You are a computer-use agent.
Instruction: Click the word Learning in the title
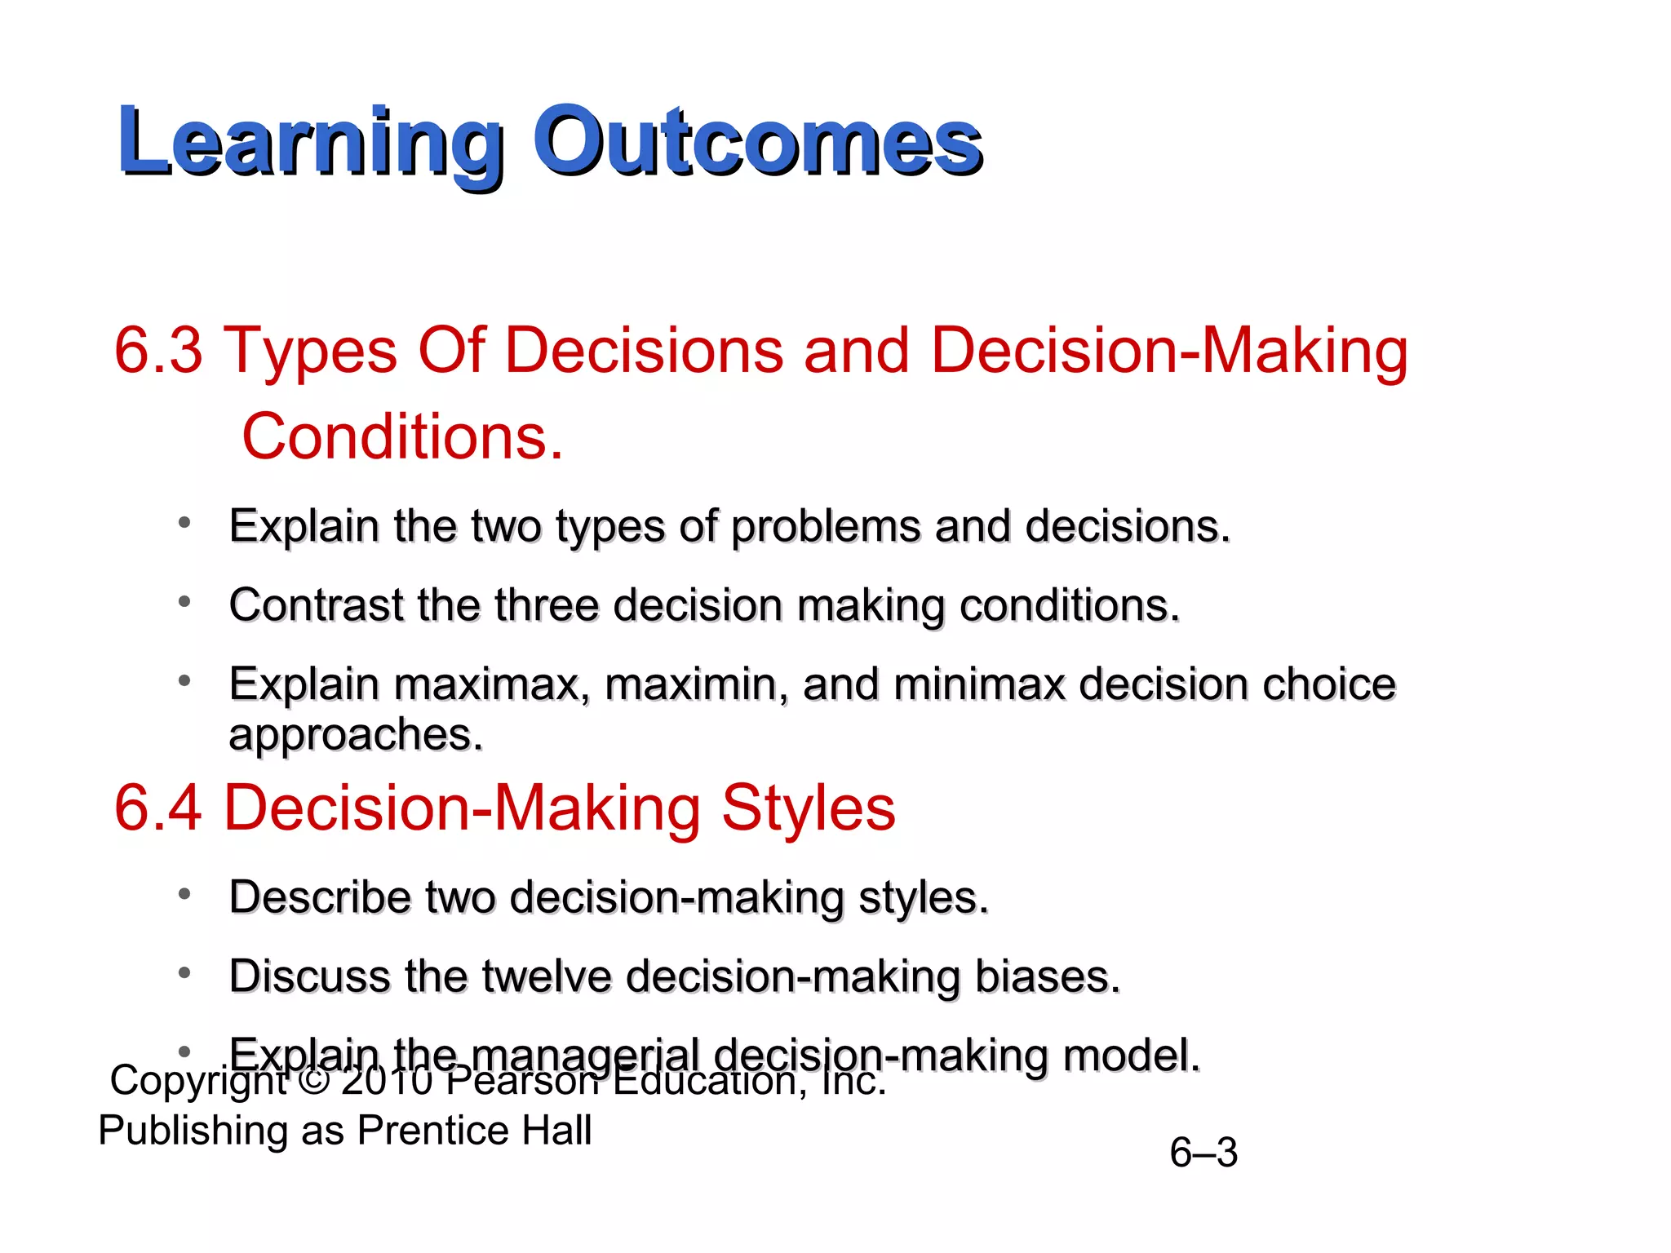coord(310,143)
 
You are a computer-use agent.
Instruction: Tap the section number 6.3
coord(158,351)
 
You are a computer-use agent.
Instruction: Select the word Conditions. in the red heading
coord(402,437)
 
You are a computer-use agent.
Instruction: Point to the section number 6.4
coord(158,808)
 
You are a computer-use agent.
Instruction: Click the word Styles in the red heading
coord(808,808)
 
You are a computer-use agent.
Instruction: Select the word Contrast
coord(317,605)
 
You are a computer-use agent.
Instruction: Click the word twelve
coord(546,976)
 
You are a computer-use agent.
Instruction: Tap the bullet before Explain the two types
coord(185,523)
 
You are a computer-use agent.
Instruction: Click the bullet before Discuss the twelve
coord(185,973)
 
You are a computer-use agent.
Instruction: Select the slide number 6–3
coord(1203,1153)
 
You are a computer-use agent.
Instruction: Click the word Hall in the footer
coord(557,1131)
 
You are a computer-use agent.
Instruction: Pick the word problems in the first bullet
coord(826,526)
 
